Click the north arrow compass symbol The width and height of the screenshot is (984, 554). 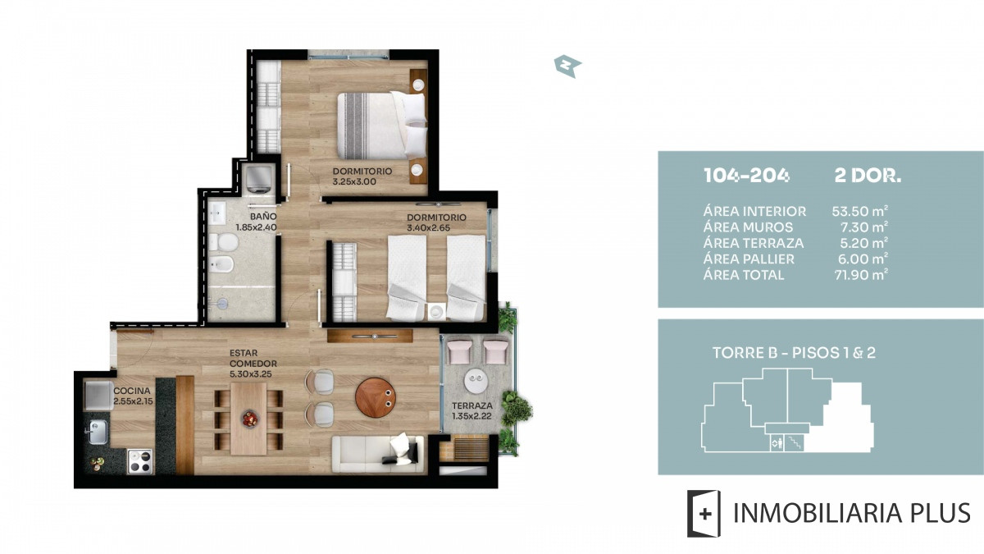[567, 66]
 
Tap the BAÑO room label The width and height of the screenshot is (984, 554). [263, 217]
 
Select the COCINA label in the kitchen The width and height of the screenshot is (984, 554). [132, 391]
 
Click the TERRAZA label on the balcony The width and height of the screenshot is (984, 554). [472, 405]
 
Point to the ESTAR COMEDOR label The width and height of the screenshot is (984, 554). [253, 359]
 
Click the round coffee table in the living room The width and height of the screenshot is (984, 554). [376, 397]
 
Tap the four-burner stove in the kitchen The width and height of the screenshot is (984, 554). [139, 461]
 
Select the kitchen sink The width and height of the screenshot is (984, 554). [98, 431]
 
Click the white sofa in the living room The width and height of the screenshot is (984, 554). [378, 454]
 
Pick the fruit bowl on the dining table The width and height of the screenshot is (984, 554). [250, 418]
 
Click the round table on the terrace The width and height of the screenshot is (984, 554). [476, 381]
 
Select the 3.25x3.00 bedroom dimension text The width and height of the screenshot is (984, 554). [354, 181]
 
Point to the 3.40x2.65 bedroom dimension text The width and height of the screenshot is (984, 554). [428, 228]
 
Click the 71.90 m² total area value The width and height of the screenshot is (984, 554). [861, 275]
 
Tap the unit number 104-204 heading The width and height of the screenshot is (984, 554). [746, 176]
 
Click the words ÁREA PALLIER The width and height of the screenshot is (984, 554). [749, 259]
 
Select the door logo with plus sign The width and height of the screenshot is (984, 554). [704, 514]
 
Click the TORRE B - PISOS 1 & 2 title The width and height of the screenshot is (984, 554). [794, 353]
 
